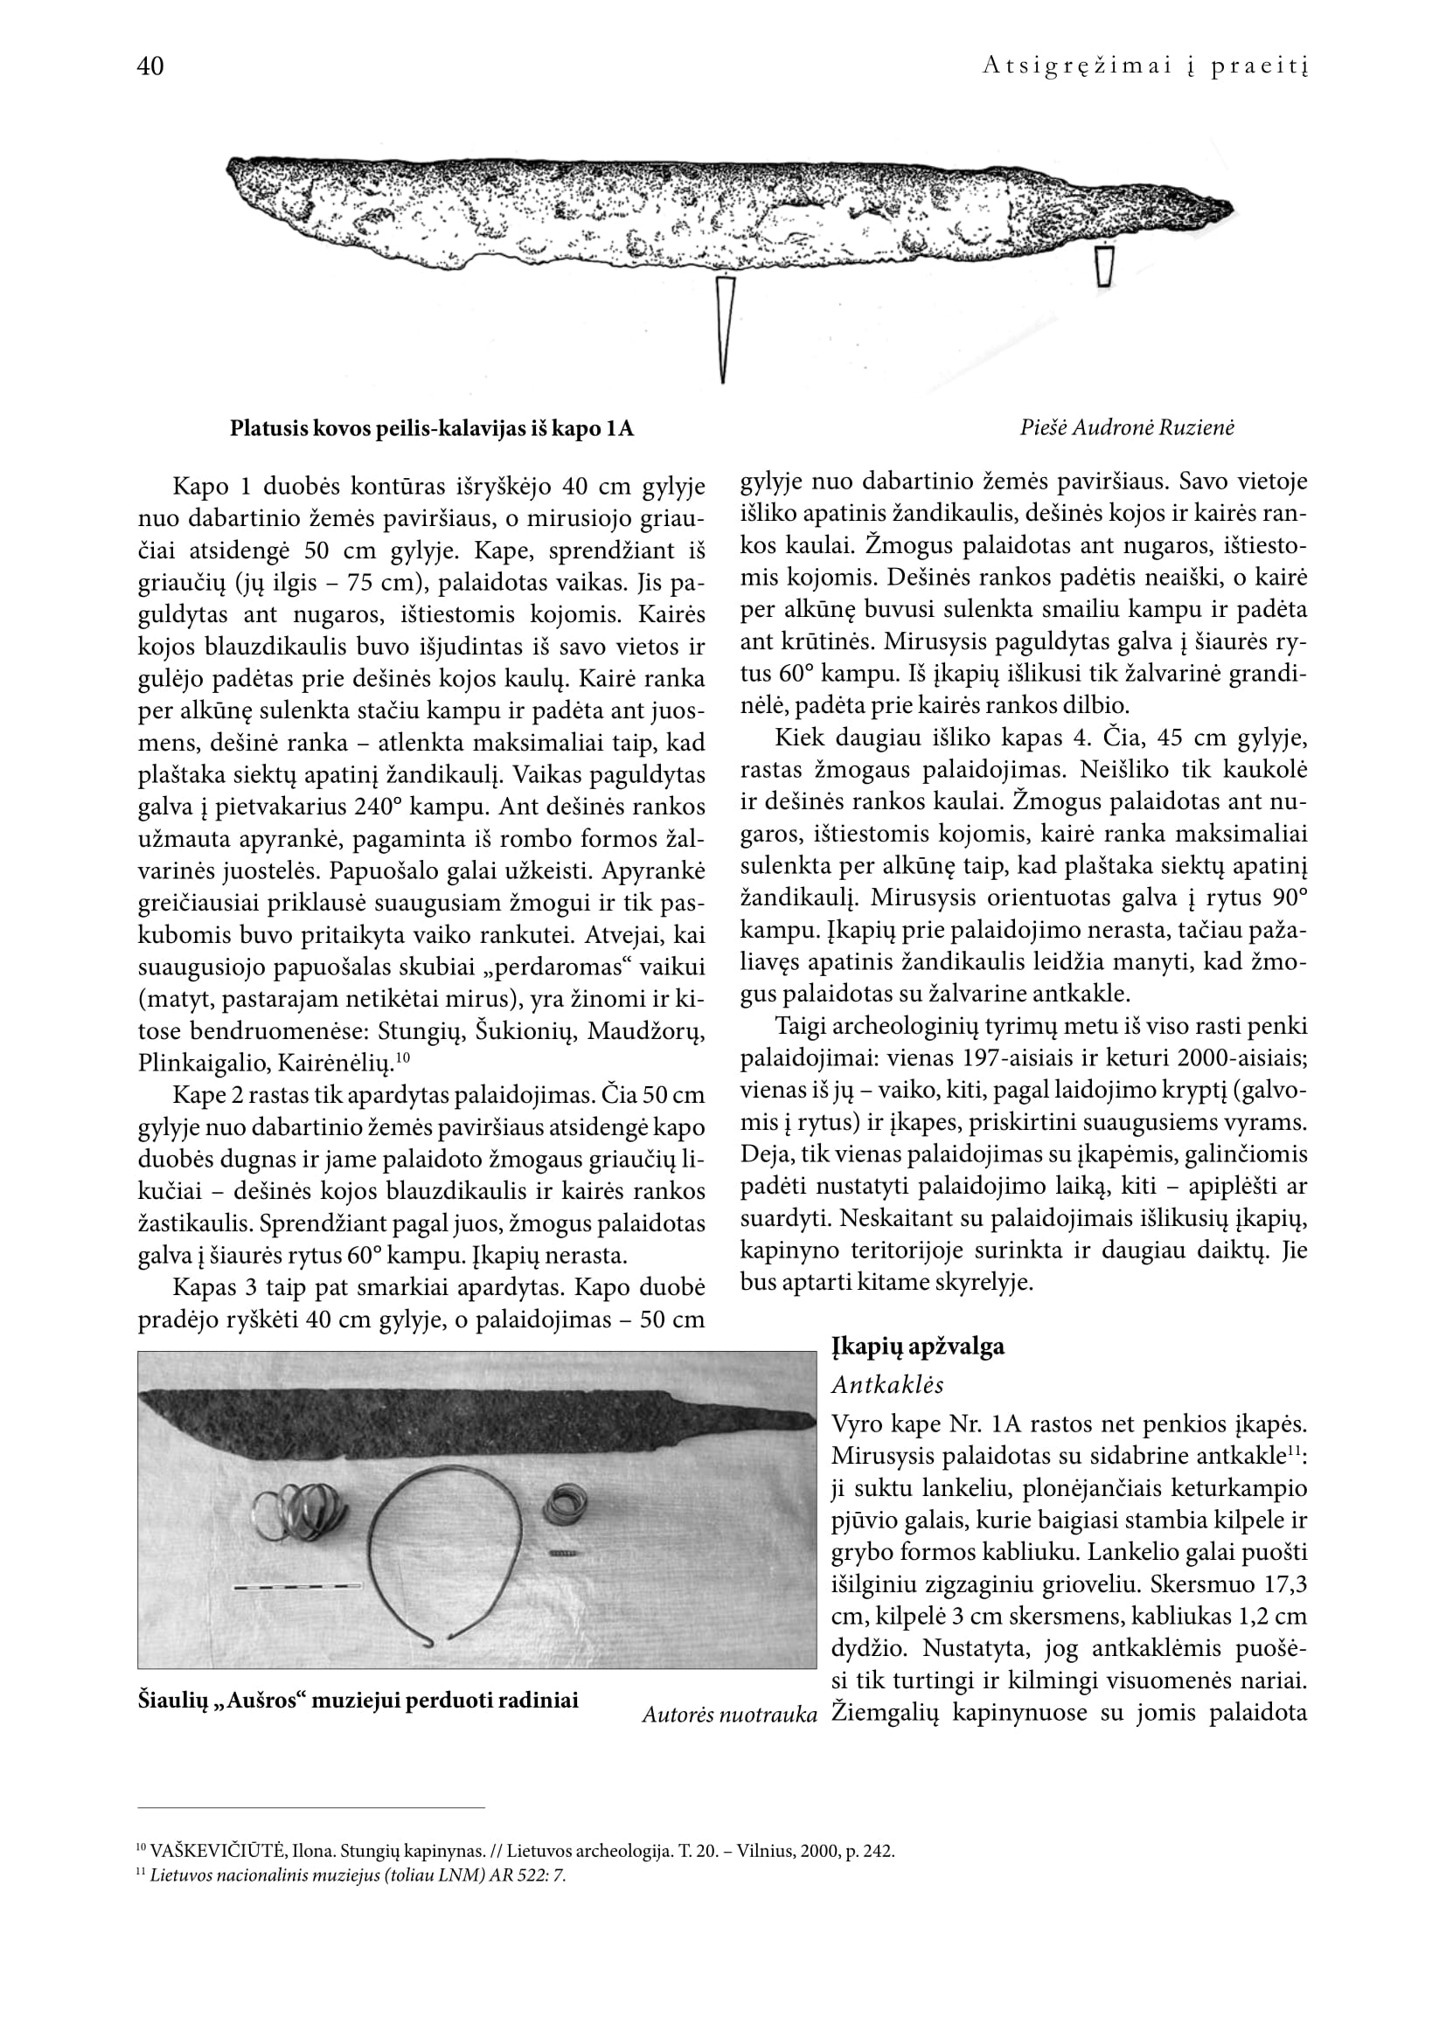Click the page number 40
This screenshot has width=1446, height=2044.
150,66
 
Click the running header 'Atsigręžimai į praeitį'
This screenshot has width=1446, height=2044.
1145,66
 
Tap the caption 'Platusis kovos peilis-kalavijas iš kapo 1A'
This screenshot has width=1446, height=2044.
432,428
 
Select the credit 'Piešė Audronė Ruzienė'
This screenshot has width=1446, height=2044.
1127,427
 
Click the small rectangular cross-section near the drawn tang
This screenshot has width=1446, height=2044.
1104,266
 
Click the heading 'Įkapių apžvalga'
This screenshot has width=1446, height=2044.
918,1346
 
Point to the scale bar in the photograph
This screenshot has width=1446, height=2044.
296,1585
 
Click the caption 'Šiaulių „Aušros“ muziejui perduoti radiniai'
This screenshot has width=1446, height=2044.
358,1700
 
